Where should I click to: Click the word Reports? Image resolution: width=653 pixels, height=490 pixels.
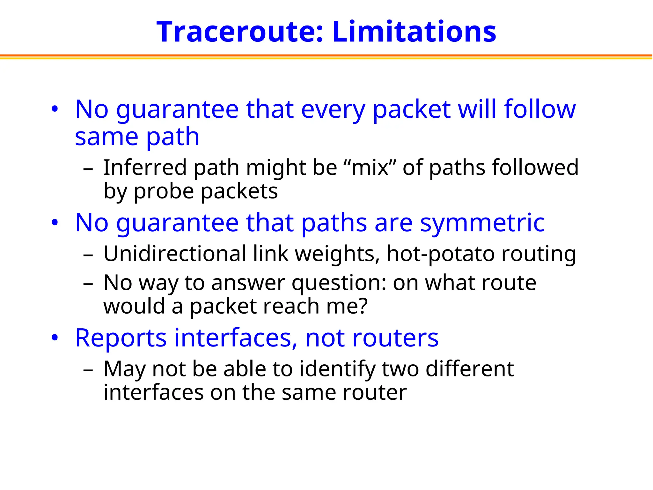click(x=121, y=338)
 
